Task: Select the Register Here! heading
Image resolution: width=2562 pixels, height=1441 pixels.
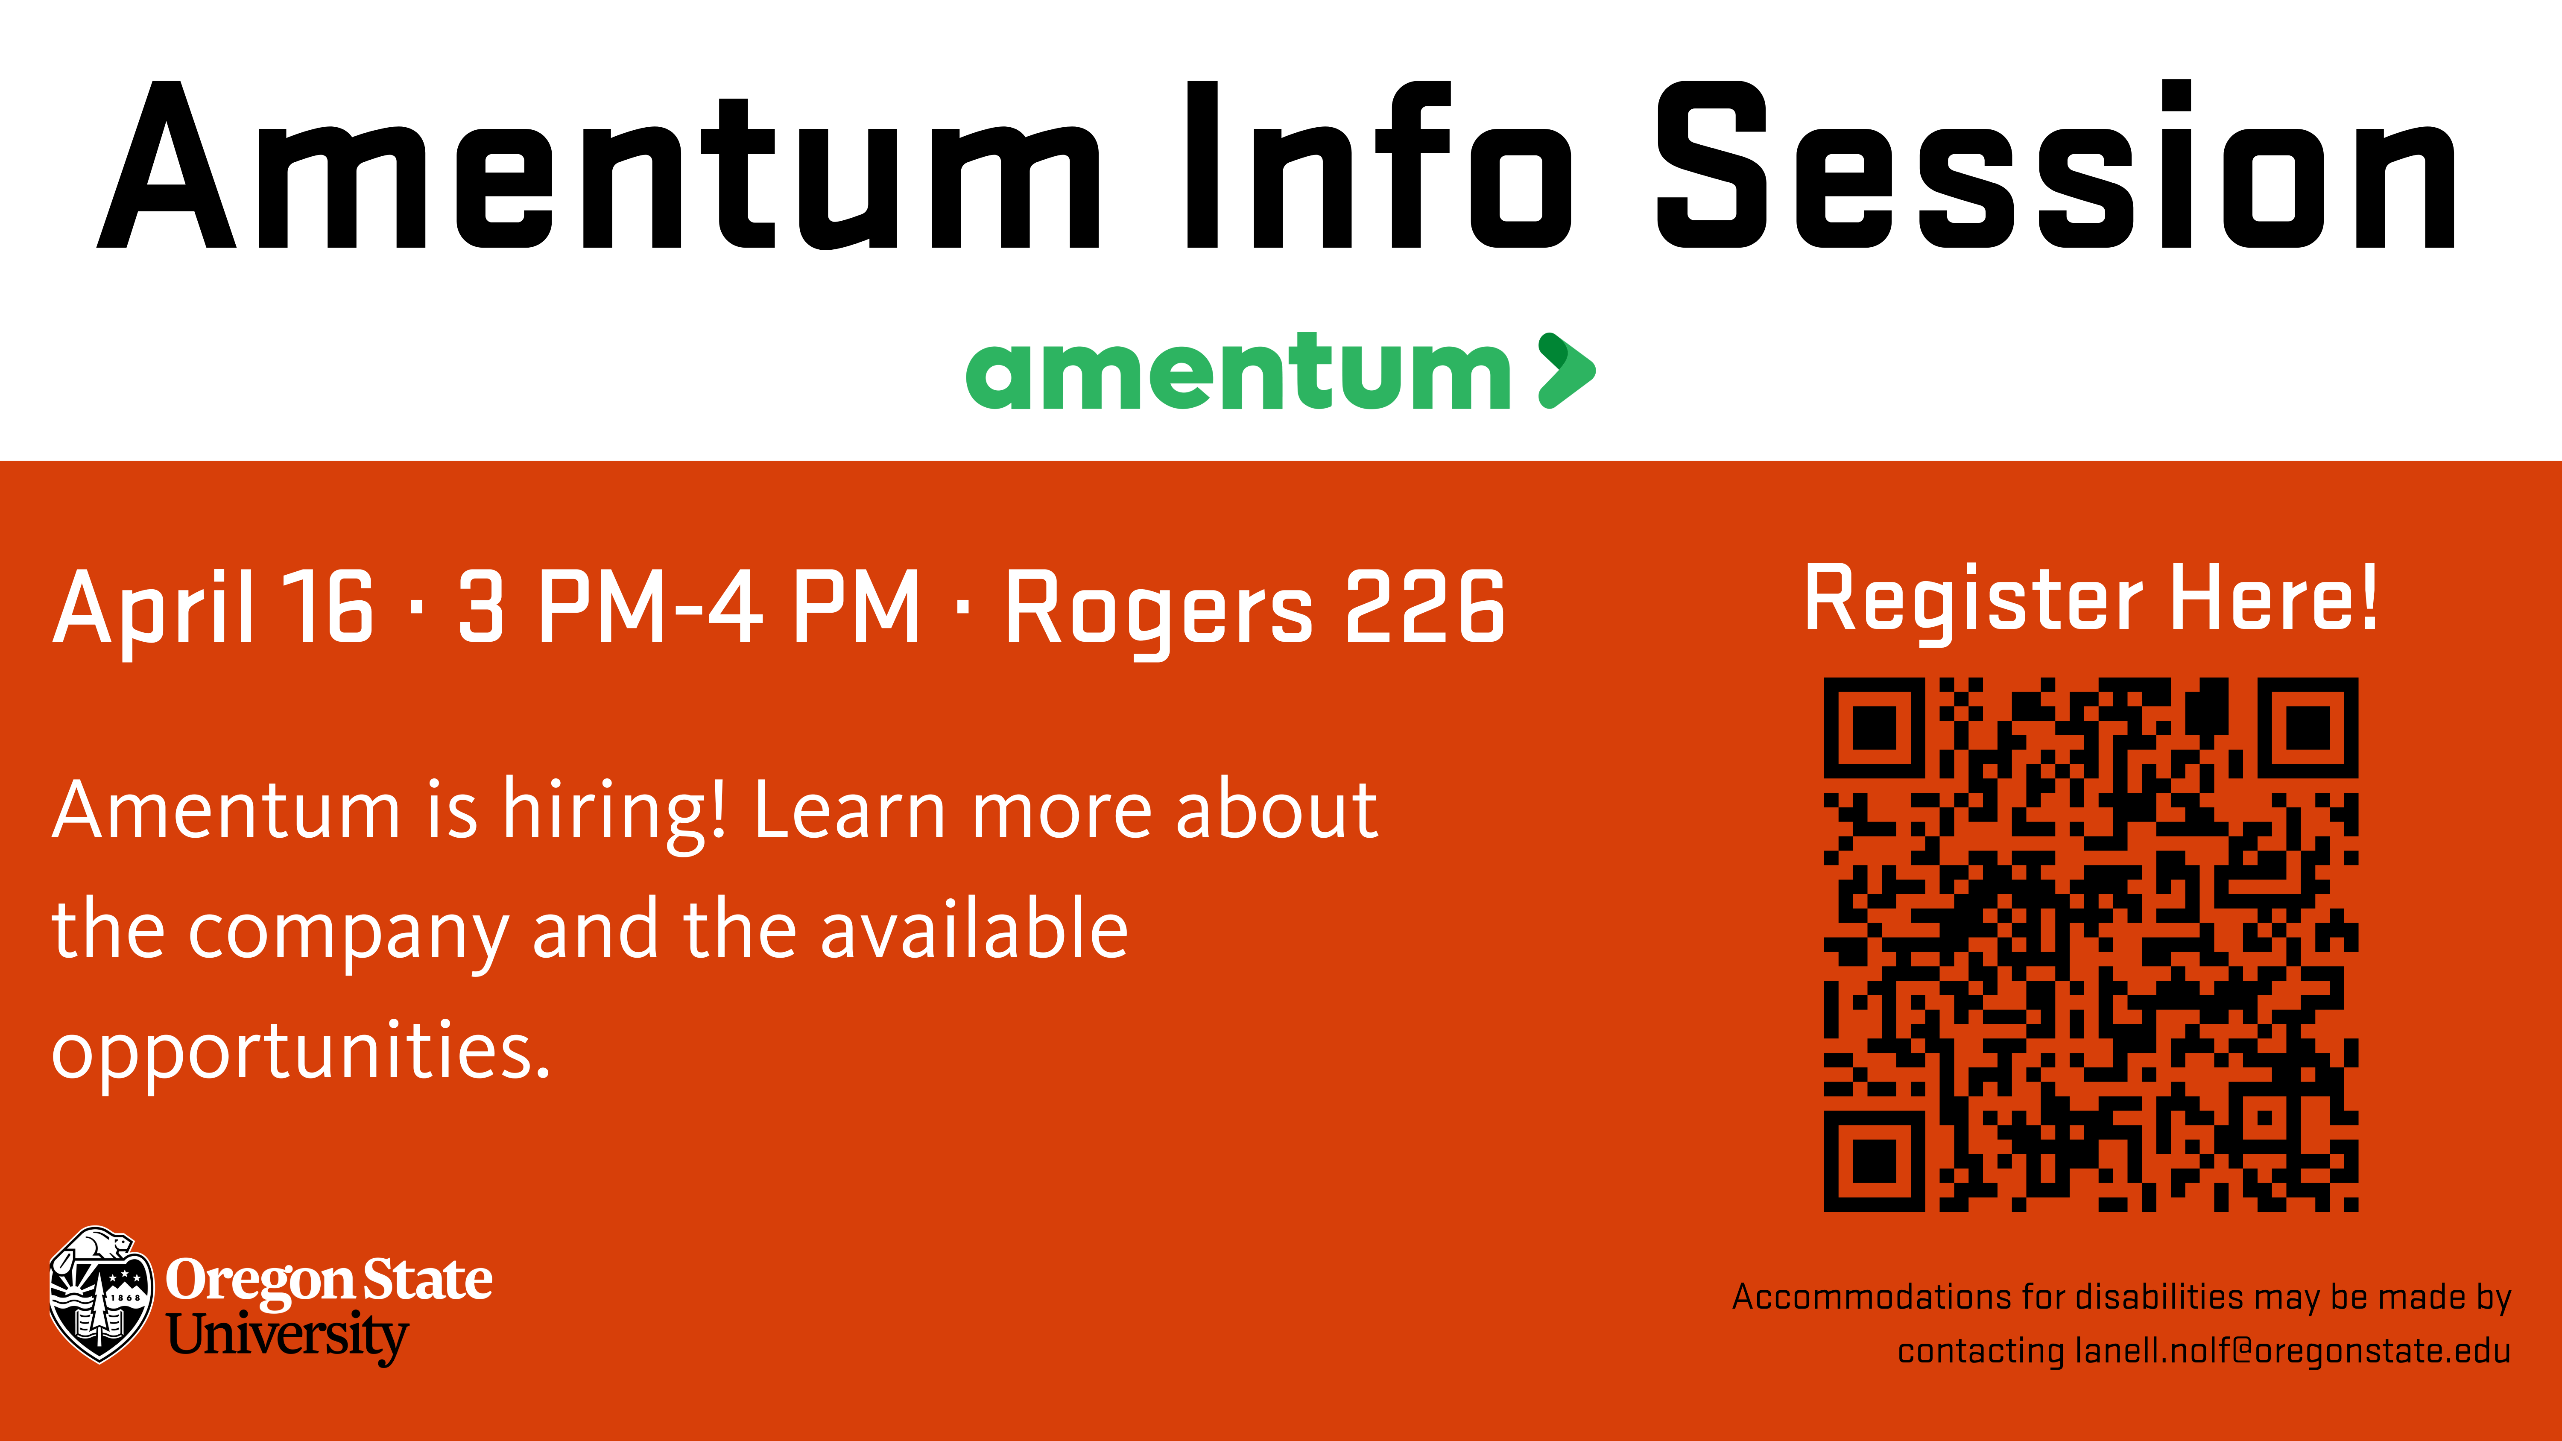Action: point(2091,600)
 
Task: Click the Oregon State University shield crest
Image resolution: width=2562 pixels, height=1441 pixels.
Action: point(100,1294)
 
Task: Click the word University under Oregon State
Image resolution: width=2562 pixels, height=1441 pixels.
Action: point(287,1336)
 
